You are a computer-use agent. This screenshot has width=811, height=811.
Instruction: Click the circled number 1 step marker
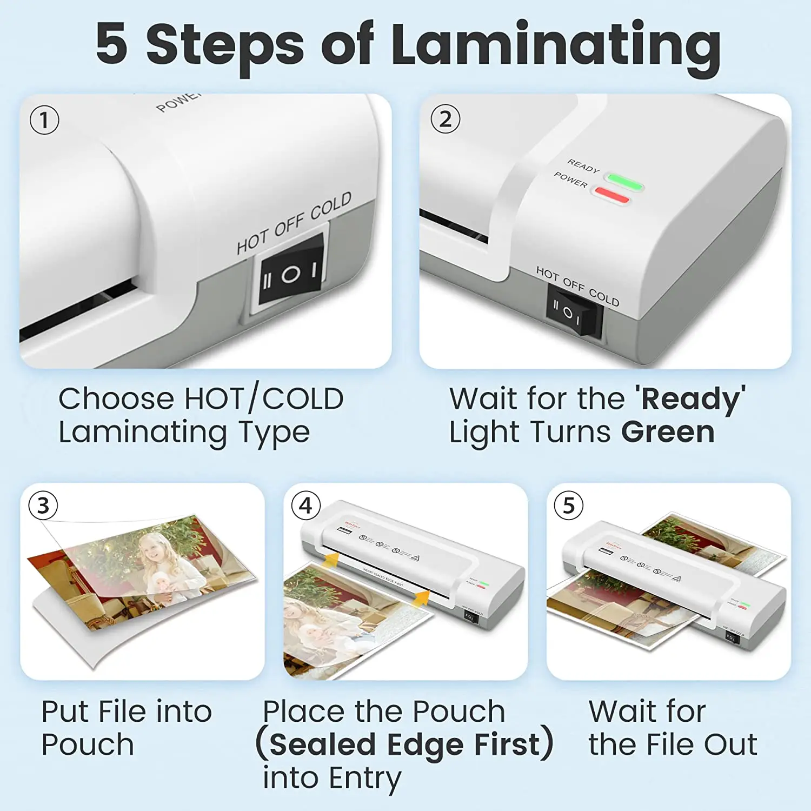[44, 120]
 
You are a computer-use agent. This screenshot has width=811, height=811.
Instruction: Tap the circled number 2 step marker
[445, 119]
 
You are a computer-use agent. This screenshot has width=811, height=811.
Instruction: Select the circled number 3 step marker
[43, 506]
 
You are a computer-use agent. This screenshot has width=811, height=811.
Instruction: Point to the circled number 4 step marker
[305, 506]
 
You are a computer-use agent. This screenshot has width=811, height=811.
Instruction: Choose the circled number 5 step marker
[569, 506]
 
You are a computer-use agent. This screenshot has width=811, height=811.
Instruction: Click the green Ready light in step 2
[624, 181]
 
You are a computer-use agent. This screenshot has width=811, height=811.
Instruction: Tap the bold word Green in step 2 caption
[668, 433]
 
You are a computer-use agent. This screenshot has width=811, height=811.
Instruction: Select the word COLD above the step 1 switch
[331, 206]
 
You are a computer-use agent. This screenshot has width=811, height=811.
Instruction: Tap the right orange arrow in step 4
[421, 598]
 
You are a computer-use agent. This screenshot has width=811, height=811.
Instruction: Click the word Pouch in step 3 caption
[88, 745]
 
